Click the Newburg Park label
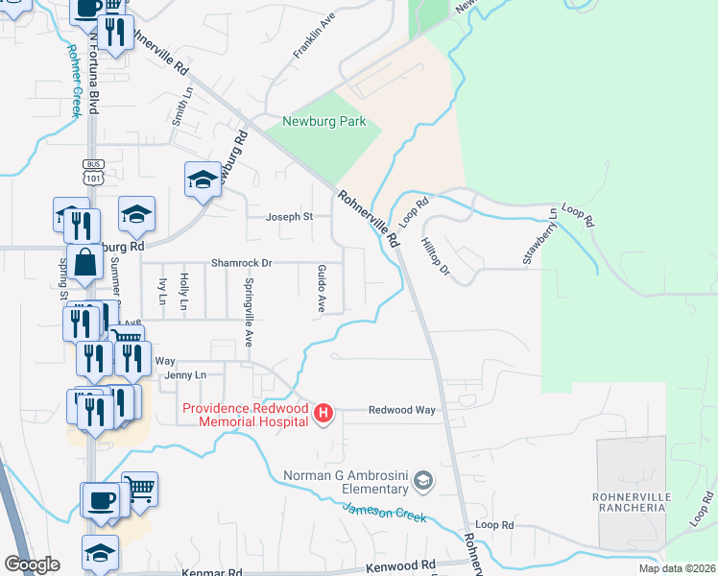[x=324, y=122]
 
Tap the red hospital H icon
[x=324, y=413]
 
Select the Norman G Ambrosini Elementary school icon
[x=424, y=479]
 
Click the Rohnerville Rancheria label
[x=630, y=501]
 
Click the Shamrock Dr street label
[x=242, y=263]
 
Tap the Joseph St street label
[x=295, y=217]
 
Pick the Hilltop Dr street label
[x=435, y=257]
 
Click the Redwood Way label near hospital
[x=403, y=410]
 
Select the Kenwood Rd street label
[x=401, y=566]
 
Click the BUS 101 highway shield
[x=93, y=171]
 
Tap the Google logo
[x=32, y=564]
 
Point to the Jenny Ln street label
[x=185, y=375]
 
